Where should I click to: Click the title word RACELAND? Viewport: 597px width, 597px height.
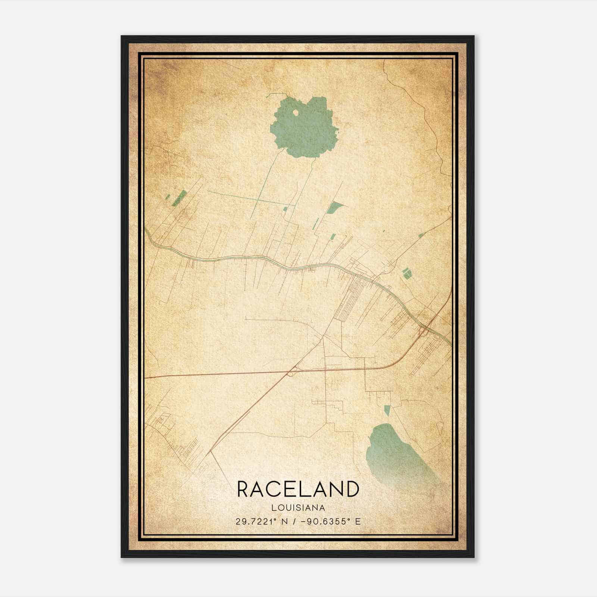298,489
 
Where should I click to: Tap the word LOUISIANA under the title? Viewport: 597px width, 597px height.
298,508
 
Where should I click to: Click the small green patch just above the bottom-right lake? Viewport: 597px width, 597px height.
387,410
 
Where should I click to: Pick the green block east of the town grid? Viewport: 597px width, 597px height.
407,274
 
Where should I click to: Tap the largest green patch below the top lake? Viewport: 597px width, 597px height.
335,207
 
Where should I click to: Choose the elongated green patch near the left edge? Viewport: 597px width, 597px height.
181,197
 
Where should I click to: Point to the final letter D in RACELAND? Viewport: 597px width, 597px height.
351,489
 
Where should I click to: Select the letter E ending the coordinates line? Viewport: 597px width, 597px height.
357,522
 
